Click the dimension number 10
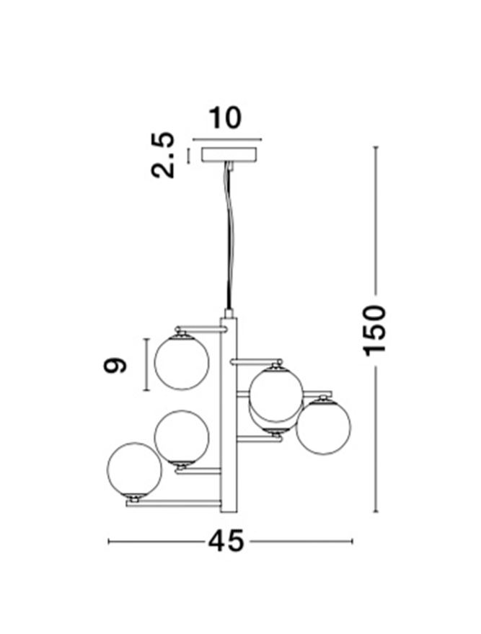tap(225, 118)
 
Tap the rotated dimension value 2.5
tap(163, 155)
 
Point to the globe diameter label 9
tap(115, 365)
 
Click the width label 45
tap(226, 541)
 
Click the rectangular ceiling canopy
tap(229, 154)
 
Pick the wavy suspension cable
tap(229, 234)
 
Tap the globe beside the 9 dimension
tap(182, 362)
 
